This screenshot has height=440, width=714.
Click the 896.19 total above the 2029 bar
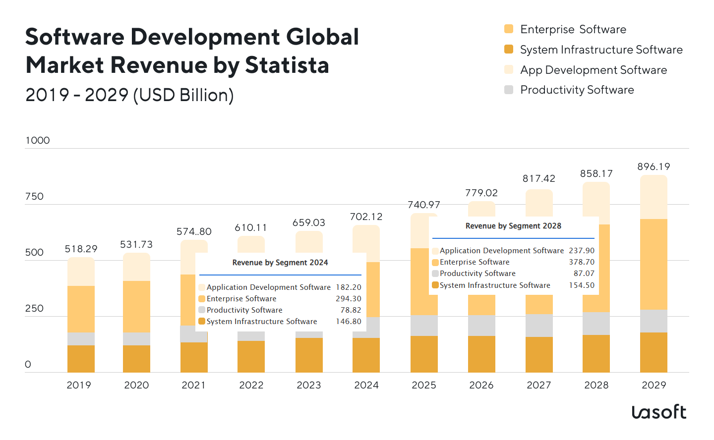coord(654,167)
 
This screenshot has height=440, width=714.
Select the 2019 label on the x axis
coord(79,385)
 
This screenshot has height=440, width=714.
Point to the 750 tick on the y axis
coord(34,196)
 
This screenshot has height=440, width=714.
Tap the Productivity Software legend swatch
coord(509,90)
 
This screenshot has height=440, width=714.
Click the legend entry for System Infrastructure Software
coord(601,50)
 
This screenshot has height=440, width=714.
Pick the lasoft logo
coord(659,412)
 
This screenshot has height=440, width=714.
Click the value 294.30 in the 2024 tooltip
coord(349,299)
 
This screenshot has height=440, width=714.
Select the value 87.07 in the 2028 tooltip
coord(584,274)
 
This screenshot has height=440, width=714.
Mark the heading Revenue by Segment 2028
coord(513,226)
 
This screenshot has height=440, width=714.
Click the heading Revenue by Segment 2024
coord(280,263)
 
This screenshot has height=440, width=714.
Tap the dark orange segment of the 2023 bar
coord(309,355)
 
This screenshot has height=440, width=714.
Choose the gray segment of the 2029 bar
coord(654,321)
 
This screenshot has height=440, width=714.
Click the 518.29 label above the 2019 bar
coord(81,249)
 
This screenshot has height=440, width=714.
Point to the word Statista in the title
coord(287,65)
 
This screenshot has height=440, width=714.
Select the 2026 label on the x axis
coord(481,385)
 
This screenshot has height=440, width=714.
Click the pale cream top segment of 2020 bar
coord(136,267)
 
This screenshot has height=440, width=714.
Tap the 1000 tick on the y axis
coord(38,140)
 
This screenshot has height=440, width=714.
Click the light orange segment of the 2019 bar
coord(81,309)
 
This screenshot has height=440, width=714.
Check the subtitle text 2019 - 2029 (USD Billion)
coord(129,95)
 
